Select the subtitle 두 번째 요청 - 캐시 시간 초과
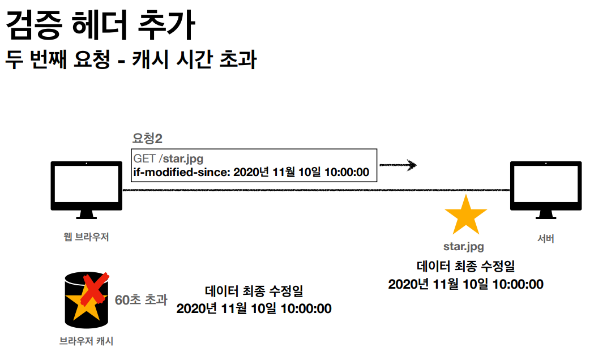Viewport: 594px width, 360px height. coord(130,59)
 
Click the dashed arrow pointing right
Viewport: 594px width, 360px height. coord(398,165)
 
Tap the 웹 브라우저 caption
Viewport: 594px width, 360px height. coord(86,237)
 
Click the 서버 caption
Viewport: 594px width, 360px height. coord(545,239)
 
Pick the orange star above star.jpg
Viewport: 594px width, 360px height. coord(465,216)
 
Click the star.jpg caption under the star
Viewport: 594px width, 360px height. coord(463,247)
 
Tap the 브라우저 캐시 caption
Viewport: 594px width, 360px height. coord(86,341)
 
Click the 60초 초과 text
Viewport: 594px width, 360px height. coord(141,299)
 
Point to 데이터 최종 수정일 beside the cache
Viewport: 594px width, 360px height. coord(254,292)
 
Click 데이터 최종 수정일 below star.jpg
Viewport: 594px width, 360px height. coord(466,266)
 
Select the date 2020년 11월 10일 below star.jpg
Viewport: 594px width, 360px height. coord(465,284)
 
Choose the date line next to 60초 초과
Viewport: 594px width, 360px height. coord(254,309)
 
